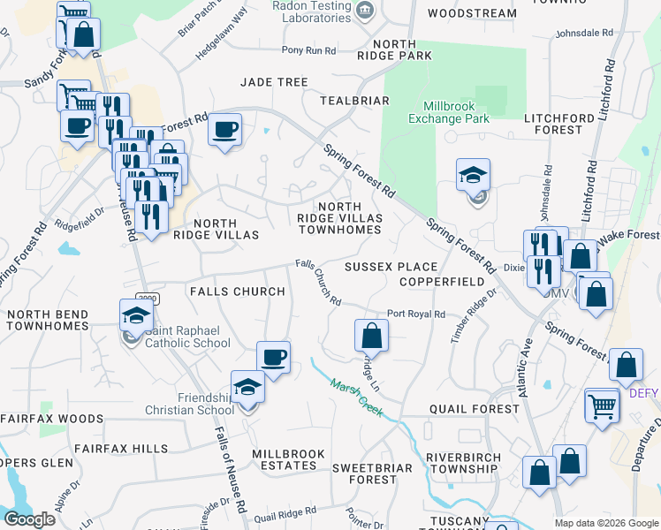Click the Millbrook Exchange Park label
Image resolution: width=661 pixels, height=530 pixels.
click(450, 111)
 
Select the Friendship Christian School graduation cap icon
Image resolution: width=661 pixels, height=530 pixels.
click(247, 386)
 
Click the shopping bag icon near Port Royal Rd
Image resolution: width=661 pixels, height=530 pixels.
click(372, 335)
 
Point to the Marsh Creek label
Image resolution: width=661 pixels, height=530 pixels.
click(356, 397)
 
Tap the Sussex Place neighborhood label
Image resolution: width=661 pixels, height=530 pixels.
click(391, 267)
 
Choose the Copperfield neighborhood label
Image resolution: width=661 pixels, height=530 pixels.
click(441, 282)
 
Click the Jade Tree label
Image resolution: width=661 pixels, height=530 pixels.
click(274, 82)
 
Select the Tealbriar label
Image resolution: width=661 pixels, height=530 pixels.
click(355, 101)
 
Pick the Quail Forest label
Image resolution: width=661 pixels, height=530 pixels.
click(475, 409)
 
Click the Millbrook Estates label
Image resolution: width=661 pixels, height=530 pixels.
click(288, 459)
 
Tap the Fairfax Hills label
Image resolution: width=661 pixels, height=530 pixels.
click(121, 449)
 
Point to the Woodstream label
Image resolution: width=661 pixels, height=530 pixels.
click(471, 13)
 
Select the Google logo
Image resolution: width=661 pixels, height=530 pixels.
click(29, 519)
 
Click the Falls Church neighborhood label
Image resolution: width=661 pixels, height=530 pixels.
click(237, 291)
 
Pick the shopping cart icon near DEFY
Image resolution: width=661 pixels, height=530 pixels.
click(602, 405)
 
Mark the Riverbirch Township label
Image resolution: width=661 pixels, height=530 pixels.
click(463, 464)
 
